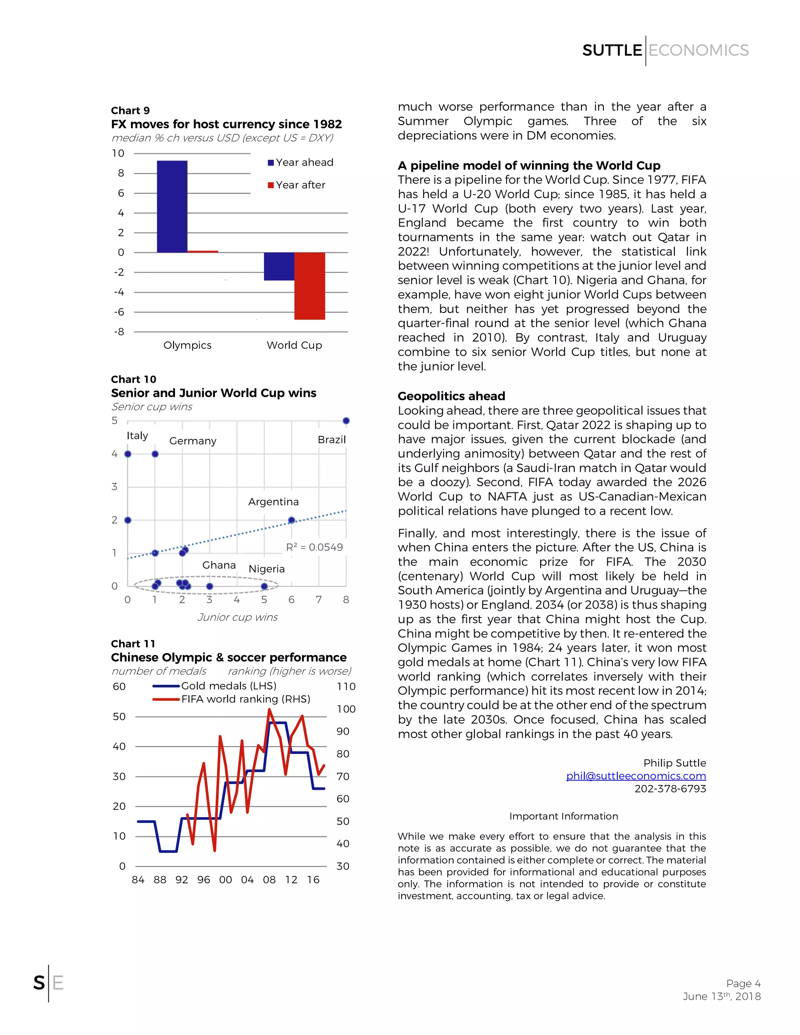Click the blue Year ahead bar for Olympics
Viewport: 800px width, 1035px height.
(172, 207)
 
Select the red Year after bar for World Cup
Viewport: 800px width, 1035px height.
(309, 286)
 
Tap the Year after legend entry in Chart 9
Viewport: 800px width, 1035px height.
(297, 185)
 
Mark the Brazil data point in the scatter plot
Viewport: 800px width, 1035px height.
(346, 421)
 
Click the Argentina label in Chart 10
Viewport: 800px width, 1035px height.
(273, 501)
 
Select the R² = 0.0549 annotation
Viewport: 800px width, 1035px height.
(314, 547)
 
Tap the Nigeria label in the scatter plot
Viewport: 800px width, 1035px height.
(266, 569)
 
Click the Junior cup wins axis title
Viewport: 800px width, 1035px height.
(237, 617)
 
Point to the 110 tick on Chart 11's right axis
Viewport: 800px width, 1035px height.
(346, 686)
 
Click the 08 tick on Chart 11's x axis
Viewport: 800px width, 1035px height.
(269, 880)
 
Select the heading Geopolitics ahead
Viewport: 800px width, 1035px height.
(451, 396)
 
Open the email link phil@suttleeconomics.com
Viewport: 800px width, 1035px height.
(636, 776)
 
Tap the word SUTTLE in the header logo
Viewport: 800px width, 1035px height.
(612, 50)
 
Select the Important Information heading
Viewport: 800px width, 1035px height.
(564, 816)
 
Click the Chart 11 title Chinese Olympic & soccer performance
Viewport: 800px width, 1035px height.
(229, 657)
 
